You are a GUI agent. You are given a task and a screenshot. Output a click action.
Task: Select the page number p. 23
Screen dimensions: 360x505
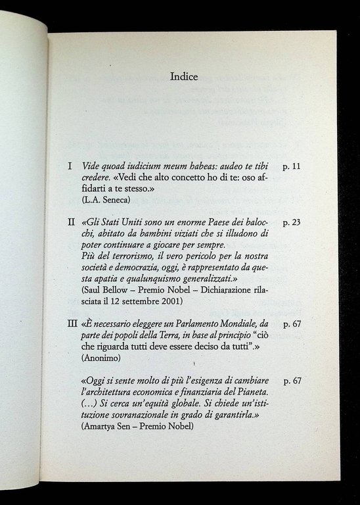(x=291, y=222)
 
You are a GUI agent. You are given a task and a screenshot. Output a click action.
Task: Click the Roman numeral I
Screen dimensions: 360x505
(x=70, y=166)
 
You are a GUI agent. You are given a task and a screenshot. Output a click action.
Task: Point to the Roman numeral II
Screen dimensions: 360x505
(x=72, y=222)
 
